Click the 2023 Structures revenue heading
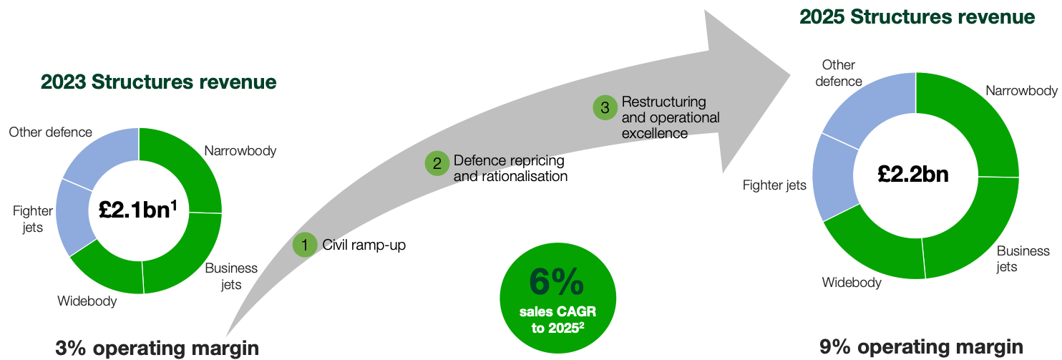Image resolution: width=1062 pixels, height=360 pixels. click(158, 82)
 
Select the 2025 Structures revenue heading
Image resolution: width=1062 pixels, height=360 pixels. click(917, 17)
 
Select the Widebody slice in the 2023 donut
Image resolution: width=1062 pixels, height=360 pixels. click(107, 271)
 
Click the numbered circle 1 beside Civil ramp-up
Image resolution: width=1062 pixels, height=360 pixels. click(305, 245)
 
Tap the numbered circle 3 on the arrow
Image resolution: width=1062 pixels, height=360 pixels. click(604, 108)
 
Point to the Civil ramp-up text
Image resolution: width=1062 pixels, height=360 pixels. click(364, 245)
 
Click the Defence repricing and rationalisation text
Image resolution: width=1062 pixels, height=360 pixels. click(510, 168)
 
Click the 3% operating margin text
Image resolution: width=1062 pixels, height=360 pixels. click(156, 349)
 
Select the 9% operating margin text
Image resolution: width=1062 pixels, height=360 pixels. click(921, 348)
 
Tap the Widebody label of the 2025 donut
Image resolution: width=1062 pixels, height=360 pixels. click(851, 282)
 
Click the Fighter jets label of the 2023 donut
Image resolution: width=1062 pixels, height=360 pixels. click(28, 219)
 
